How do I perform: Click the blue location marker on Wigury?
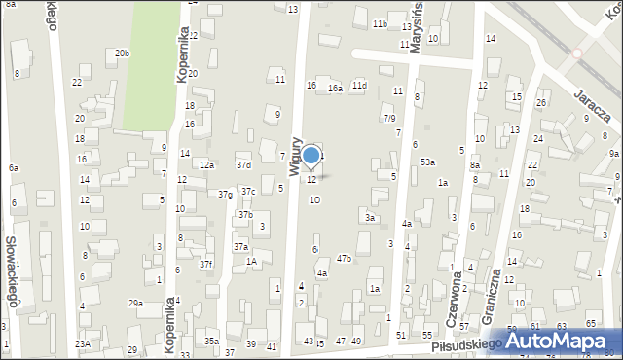pyautogui.click(x=311, y=155)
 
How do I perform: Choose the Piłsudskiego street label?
pyautogui.click(x=465, y=343)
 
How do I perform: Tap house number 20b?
pyautogui.click(x=122, y=54)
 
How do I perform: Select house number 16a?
pyautogui.click(x=335, y=89)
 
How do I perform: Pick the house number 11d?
pyautogui.click(x=360, y=86)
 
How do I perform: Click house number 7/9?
pyautogui.click(x=388, y=118)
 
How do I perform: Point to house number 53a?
pyautogui.click(x=427, y=162)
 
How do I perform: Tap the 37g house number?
pyautogui.click(x=225, y=195)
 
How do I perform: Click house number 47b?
pyautogui.click(x=344, y=258)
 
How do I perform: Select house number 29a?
pyautogui.click(x=135, y=304)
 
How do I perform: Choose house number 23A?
pyautogui.click(x=84, y=343)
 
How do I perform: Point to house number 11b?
pyautogui.click(x=380, y=23)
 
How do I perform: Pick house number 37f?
pyautogui.click(x=206, y=264)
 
